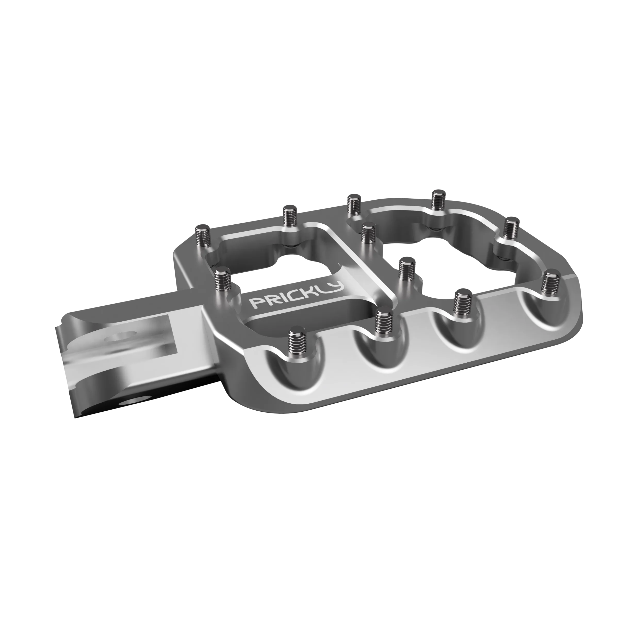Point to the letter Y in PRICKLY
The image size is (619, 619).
click(x=336, y=287)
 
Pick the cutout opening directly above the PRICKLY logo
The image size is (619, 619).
click(x=282, y=266)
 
